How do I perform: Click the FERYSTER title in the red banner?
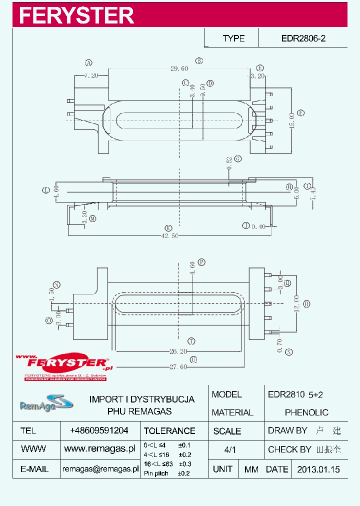pos(76,15)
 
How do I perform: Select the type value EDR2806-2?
pos(303,38)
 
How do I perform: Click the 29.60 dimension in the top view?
pos(179,68)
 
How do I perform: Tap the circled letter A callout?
pos(88,63)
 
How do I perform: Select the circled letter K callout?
pos(168,227)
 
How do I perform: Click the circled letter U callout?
pos(193,359)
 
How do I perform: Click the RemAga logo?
pos(39,403)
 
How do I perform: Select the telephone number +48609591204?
pos(99,430)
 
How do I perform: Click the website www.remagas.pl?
pos(100,449)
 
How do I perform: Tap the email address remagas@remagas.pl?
pos(100,469)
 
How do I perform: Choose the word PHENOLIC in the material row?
pos(306,412)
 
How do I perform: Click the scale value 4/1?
pos(230,449)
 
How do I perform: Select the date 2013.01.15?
pos(318,469)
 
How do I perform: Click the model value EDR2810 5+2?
pos(295,394)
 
